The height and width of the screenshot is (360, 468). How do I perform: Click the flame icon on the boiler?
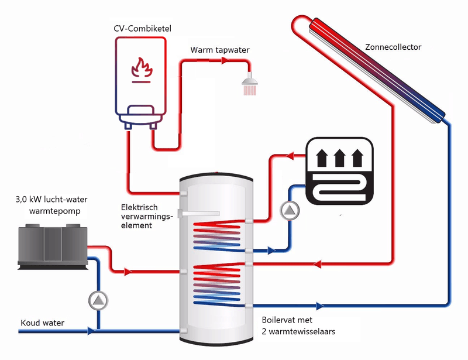pyautogui.click(x=140, y=68)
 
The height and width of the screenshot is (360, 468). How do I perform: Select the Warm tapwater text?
pyautogui.click(x=220, y=50)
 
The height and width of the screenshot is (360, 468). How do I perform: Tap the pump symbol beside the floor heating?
pyautogui.click(x=288, y=211)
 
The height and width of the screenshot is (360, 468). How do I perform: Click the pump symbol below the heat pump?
pyautogui.click(x=99, y=300)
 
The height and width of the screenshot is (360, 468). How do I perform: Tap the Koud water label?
pyautogui.click(x=43, y=323)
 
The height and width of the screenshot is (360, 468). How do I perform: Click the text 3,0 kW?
pyautogui.click(x=29, y=200)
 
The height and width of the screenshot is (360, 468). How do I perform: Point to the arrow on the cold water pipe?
pyautogui.click(x=91, y=331)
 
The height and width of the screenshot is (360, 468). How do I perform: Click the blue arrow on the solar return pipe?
pyautogui.click(x=320, y=306)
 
